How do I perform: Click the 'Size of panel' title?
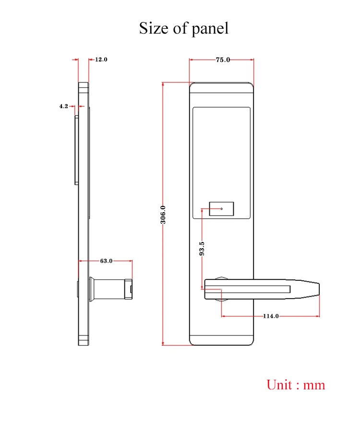[184, 28]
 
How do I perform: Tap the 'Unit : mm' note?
[296, 385]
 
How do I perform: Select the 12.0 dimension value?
[101, 60]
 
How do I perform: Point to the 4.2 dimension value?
[64, 107]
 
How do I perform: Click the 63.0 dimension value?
[106, 261]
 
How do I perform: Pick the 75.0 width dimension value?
[223, 60]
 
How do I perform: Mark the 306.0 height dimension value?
[163, 215]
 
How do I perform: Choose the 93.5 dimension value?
[202, 249]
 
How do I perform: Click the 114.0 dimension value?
[271, 316]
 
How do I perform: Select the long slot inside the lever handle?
[249, 289]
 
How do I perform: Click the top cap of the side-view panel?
[84, 87]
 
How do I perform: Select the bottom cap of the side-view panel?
[84, 340]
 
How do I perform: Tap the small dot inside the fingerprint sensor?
[222, 209]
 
